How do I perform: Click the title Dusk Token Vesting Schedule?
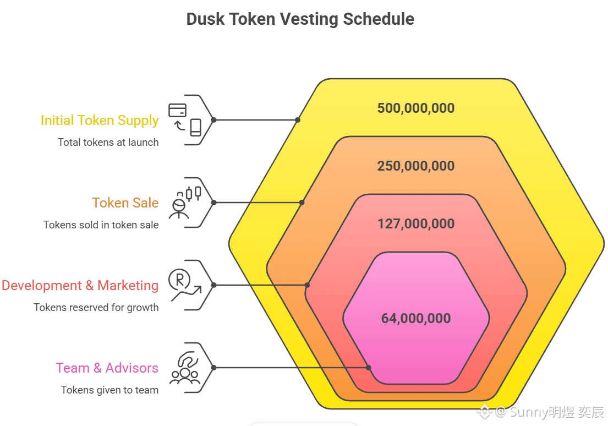300,19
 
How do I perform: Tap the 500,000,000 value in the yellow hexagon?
416,108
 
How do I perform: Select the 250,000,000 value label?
416,166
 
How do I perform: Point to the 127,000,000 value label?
416,224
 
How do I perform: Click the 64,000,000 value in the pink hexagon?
416,319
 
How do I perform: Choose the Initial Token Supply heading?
100,121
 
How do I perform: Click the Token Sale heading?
125,203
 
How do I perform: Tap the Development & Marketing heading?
80,286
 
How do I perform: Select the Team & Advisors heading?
107,368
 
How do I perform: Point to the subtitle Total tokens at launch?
108,143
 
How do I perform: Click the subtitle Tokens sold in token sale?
101,225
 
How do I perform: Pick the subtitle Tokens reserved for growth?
96,308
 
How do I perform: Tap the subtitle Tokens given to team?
110,390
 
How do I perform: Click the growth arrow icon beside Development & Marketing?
185,285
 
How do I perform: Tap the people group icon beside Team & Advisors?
185,368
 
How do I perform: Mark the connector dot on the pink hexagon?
369,368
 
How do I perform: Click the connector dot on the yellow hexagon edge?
298,120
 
